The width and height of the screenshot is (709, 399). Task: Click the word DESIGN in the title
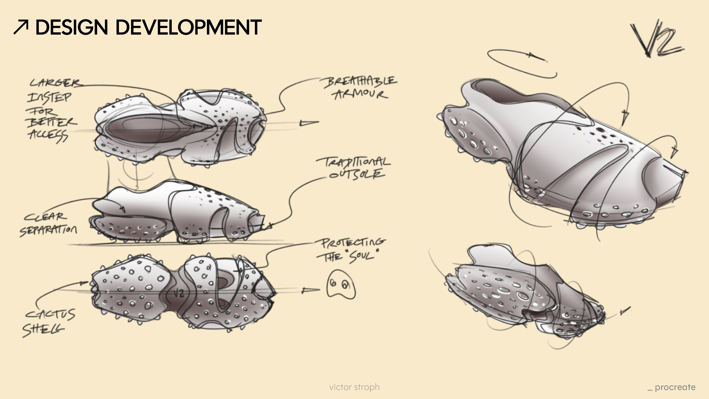(72, 27)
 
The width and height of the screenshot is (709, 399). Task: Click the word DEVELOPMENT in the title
(189, 27)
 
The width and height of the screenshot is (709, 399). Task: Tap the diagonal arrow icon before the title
(21, 27)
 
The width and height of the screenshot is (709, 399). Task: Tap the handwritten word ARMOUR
(361, 94)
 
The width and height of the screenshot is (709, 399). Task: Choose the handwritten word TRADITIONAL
(354, 162)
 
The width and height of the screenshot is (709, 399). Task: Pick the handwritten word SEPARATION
(48, 230)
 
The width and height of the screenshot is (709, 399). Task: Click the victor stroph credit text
(354, 387)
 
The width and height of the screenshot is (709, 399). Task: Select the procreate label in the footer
(675, 387)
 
